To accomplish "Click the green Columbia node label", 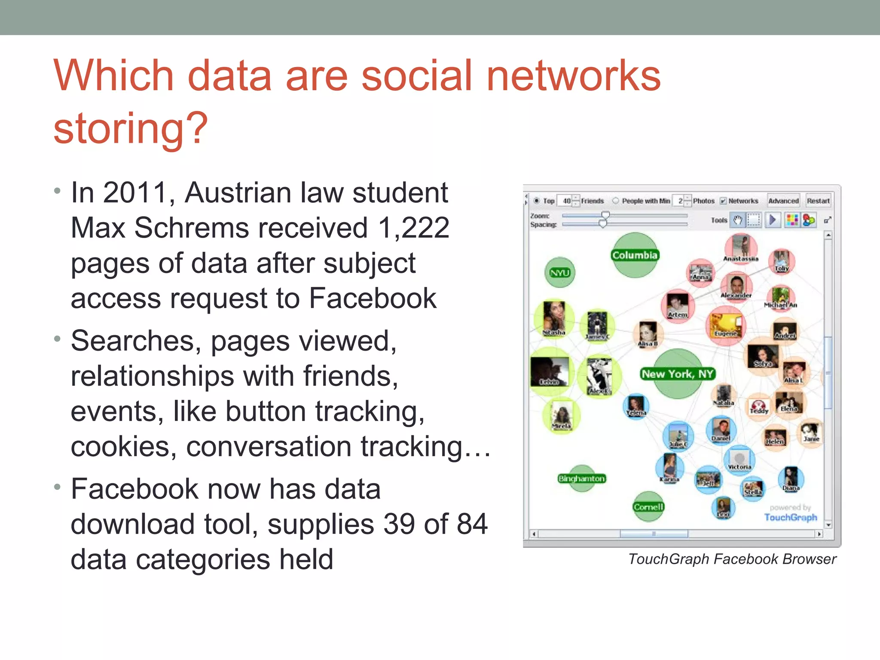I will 635,255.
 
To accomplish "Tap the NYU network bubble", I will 560,273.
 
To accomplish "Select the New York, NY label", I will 677,374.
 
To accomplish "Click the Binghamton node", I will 582,478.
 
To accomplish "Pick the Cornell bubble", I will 648,507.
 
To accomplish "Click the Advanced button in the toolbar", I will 783,201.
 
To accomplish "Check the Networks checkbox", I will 723,201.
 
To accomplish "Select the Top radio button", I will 536,201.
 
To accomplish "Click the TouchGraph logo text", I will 790,517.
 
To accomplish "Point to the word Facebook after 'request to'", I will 373,298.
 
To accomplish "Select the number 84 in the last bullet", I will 472,524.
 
